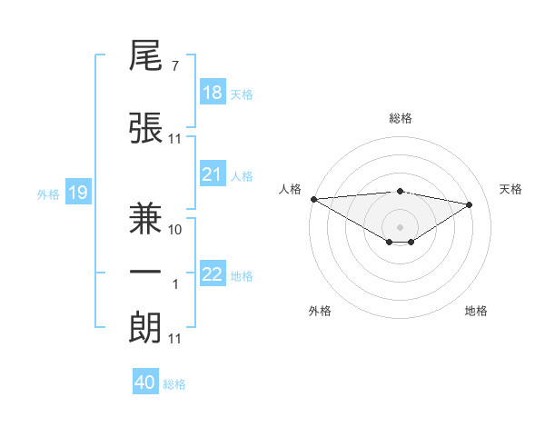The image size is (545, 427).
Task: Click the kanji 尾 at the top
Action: tap(145, 60)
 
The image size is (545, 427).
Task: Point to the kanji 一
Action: tap(145, 272)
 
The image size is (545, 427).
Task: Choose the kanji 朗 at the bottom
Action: tap(145, 327)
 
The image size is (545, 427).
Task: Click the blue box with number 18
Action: tap(213, 93)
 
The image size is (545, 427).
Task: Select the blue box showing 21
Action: tap(213, 174)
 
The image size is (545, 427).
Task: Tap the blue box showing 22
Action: tap(213, 274)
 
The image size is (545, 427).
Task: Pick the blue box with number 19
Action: tap(77, 192)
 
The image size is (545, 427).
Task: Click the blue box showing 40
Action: tap(145, 382)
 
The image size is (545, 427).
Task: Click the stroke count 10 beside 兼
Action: tap(175, 229)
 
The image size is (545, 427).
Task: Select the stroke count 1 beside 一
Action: tap(175, 284)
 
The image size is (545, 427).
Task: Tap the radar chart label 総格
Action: tap(400, 118)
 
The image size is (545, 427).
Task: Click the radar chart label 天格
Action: tap(510, 189)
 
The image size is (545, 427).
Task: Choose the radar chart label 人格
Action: tap(290, 189)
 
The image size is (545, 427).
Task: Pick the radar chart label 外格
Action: tap(320, 311)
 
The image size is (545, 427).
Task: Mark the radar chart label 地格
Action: tap(476, 311)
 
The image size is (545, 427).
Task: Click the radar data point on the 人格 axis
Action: tap(313, 198)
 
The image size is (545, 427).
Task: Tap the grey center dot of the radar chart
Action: tap(400, 225)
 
